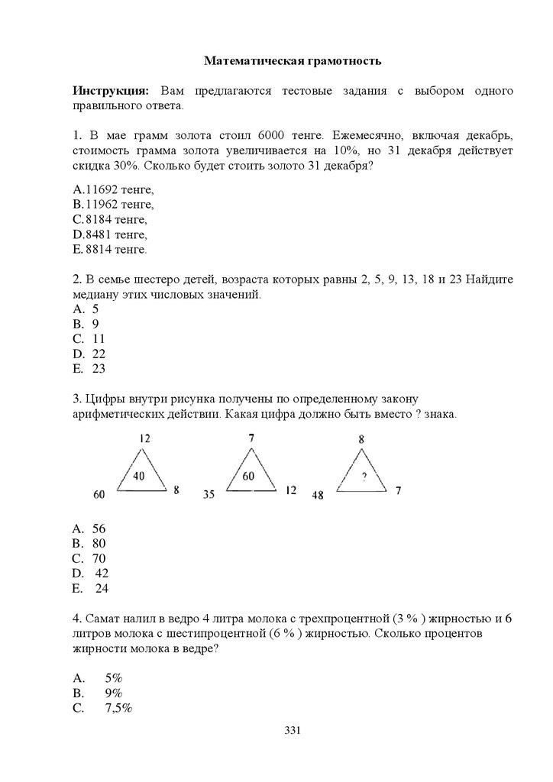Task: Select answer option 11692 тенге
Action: (115, 190)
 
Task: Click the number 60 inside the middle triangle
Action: (248, 476)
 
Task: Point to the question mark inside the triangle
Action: (364, 477)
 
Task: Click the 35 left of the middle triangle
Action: (209, 495)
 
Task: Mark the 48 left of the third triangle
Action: (318, 495)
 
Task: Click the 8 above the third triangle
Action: (361, 439)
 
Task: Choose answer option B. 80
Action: (89, 543)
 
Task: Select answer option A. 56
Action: (89, 528)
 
